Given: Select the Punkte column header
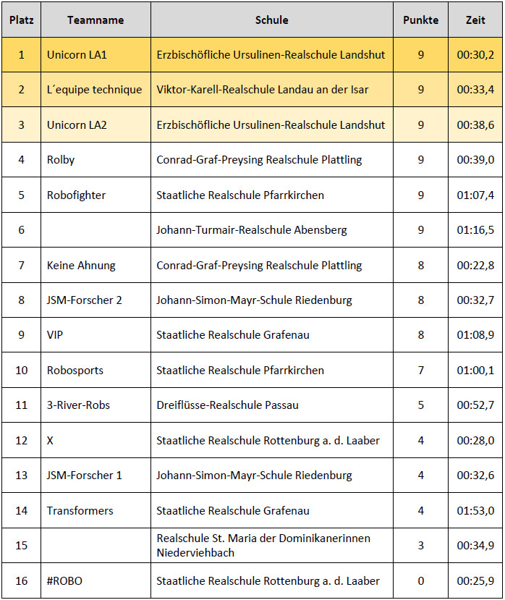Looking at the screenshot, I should tap(420, 20).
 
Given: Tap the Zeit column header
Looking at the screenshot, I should tap(475, 20).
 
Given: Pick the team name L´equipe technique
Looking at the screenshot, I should tap(95, 90).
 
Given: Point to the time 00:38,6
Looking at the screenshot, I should tap(475, 124).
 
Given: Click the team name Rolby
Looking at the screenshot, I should tap(61, 160).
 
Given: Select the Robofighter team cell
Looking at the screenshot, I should tap(77, 195).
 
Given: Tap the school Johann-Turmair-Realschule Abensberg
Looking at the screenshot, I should tap(252, 230).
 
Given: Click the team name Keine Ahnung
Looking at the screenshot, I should tap(81, 266).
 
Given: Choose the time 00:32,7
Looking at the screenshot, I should tap(475, 300).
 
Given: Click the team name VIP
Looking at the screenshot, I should tap(55, 335).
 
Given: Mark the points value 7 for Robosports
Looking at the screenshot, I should tap(421, 371).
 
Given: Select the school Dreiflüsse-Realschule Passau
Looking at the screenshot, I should tap(228, 405).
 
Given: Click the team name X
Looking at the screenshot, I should tap(50, 440).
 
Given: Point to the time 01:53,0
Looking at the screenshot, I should tap(475, 510).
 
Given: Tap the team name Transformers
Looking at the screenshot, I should tap(80, 510).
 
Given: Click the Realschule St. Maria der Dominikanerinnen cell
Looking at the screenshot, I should tap(263, 545).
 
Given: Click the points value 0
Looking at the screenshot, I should tap(421, 580).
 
